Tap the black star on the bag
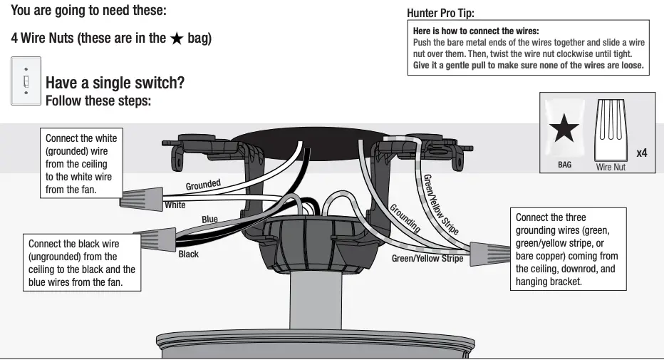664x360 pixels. pyautogui.click(x=564, y=130)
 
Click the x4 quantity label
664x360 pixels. pyautogui.click(x=641, y=153)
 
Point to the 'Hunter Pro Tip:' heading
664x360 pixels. pyautogui.click(x=440, y=14)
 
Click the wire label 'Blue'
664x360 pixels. pyautogui.click(x=209, y=220)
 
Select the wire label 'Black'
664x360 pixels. pyautogui.click(x=189, y=254)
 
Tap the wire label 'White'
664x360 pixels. pyautogui.click(x=175, y=205)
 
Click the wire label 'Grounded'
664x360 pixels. pyautogui.click(x=203, y=185)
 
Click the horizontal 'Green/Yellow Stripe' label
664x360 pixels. pyautogui.click(x=427, y=258)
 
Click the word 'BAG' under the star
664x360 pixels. pyautogui.click(x=564, y=164)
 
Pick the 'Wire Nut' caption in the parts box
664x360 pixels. pyautogui.click(x=610, y=167)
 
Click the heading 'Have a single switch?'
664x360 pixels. pyautogui.click(x=115, y=83)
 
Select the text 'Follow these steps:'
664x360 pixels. pyautogui.click(x=98, y=101)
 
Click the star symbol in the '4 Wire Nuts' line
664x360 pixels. pyautogui.click(x=177, y=38)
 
